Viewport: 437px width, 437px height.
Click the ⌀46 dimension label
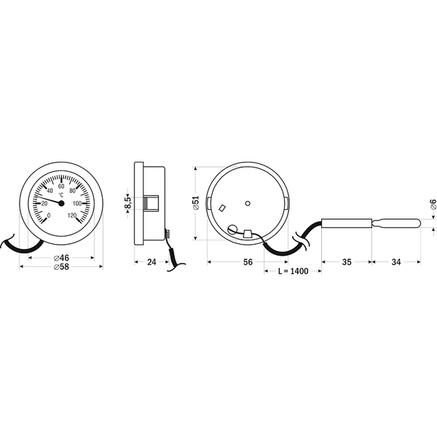tap(61, 259)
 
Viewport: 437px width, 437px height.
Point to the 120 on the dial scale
tap(72, 215)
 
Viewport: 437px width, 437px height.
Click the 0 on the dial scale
tap(48, 215)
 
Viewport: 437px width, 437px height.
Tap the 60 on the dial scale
tap(61, 186)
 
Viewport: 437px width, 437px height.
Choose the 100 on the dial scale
tap(76, 203)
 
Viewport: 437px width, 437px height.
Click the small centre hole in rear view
tap(248, 202)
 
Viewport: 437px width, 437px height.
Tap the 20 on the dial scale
tap(45, 203)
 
